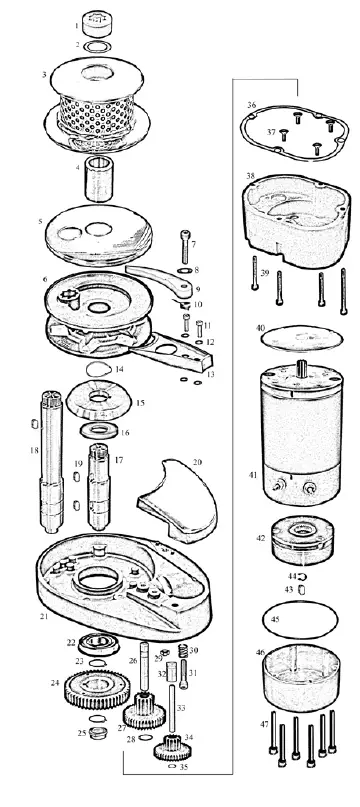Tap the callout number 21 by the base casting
point(44,616)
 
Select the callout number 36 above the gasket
point(252,105)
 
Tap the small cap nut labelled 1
point(98,21)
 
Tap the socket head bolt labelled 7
point(184,247)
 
